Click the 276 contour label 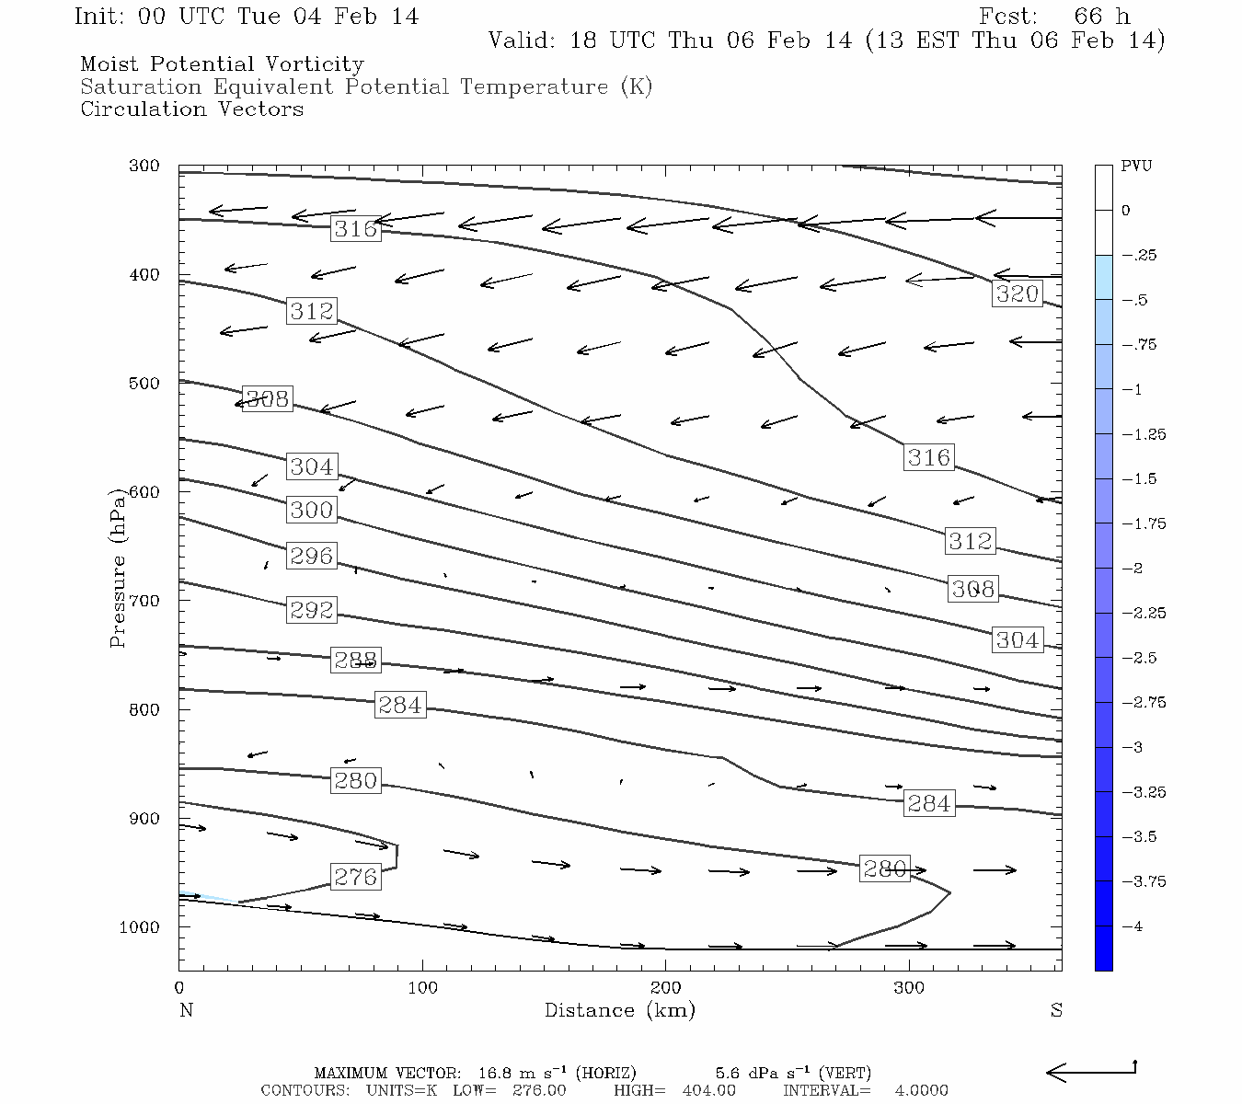tap(355, 877)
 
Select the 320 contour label tap(1017, 293)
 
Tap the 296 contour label tap(311, 556)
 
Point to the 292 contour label tap(311, 610)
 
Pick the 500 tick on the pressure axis tap(143, 384)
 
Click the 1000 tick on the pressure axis tap(139, 927)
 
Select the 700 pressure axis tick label tap(143, 601)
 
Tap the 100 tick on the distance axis tap(422, 988)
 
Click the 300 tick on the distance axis tap(909, 988)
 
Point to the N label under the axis tap(186, 1010)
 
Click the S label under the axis tap(1056, 1010)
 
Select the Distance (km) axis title tap(619, 1010)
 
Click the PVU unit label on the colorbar tap(1136, 167)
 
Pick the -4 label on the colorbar tap(1133, 926)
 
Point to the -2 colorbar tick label tap(1133, 569)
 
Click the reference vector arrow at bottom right tap(1092, 1071)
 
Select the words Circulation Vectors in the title tap(191, 109)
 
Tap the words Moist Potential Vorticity tap(222, 64)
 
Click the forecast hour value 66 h tap(1101, 17)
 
